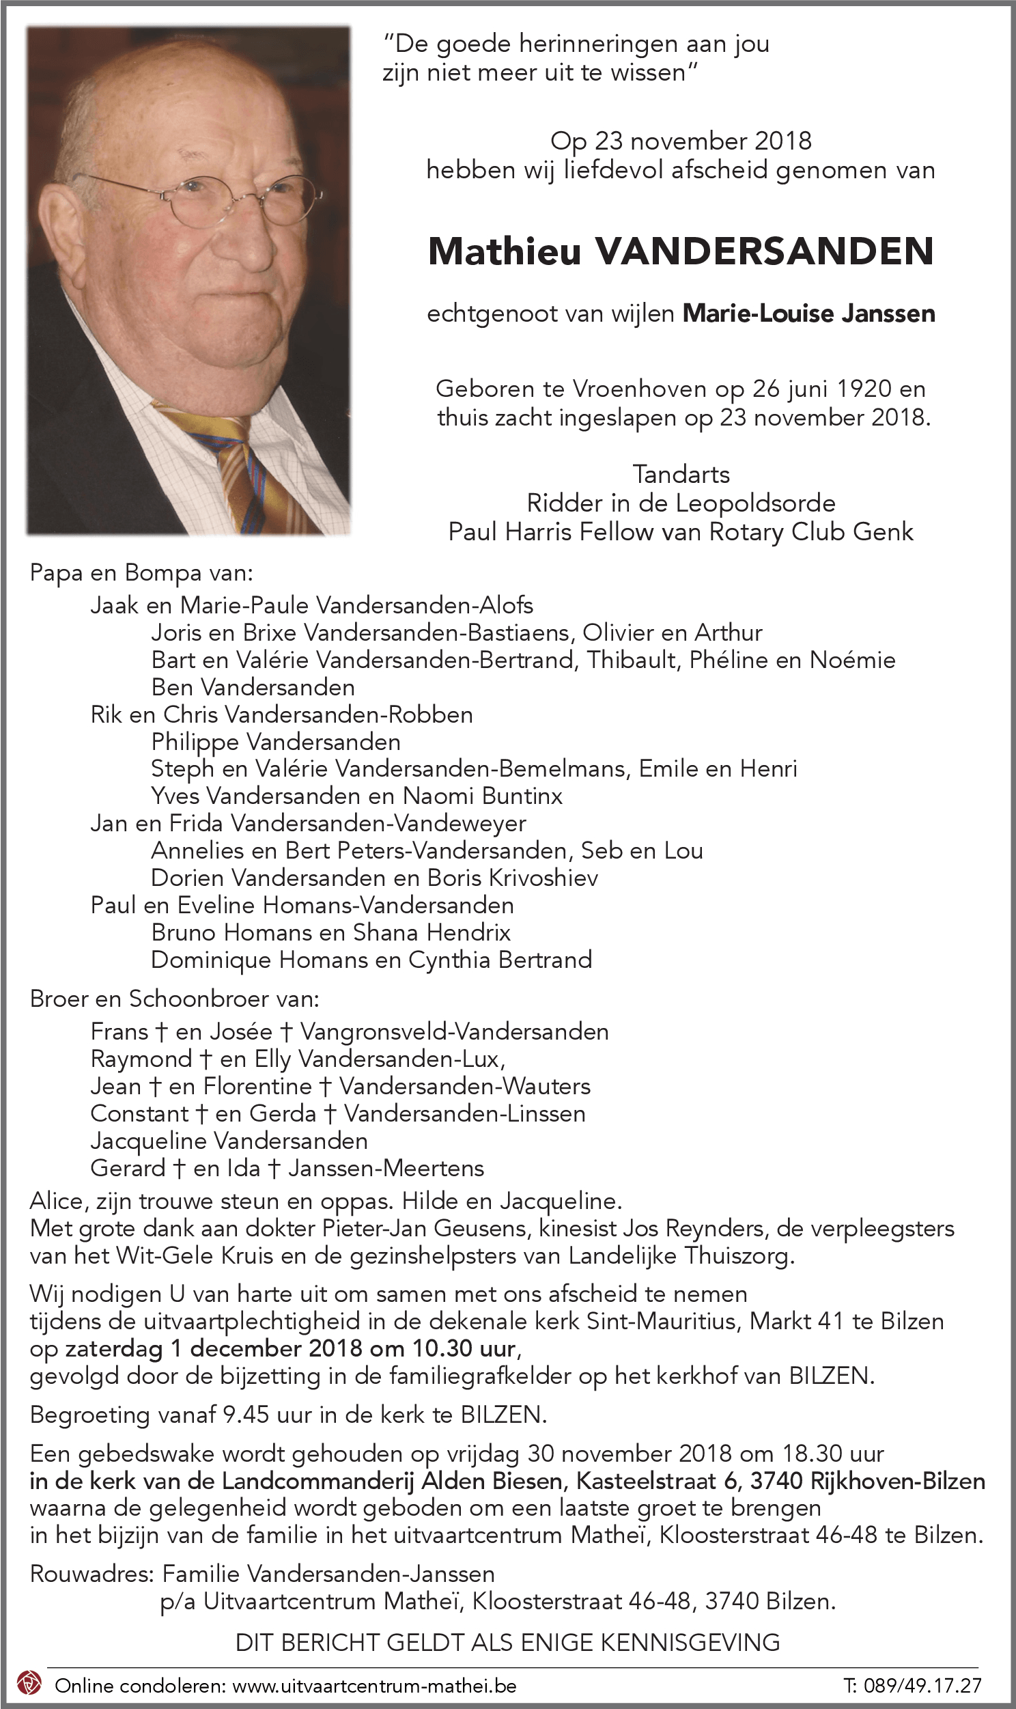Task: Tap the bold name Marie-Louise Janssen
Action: tap(808, 314)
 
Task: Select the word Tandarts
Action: tap(681, 474)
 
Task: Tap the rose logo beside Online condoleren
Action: tap(29, 1682)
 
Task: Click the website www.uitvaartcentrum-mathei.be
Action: tap(374, 1685)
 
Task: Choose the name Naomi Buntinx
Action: tap(483, 796)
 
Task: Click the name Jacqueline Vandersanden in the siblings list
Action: tap(229, 1141)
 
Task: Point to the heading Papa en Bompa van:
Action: tap(142, 572)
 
